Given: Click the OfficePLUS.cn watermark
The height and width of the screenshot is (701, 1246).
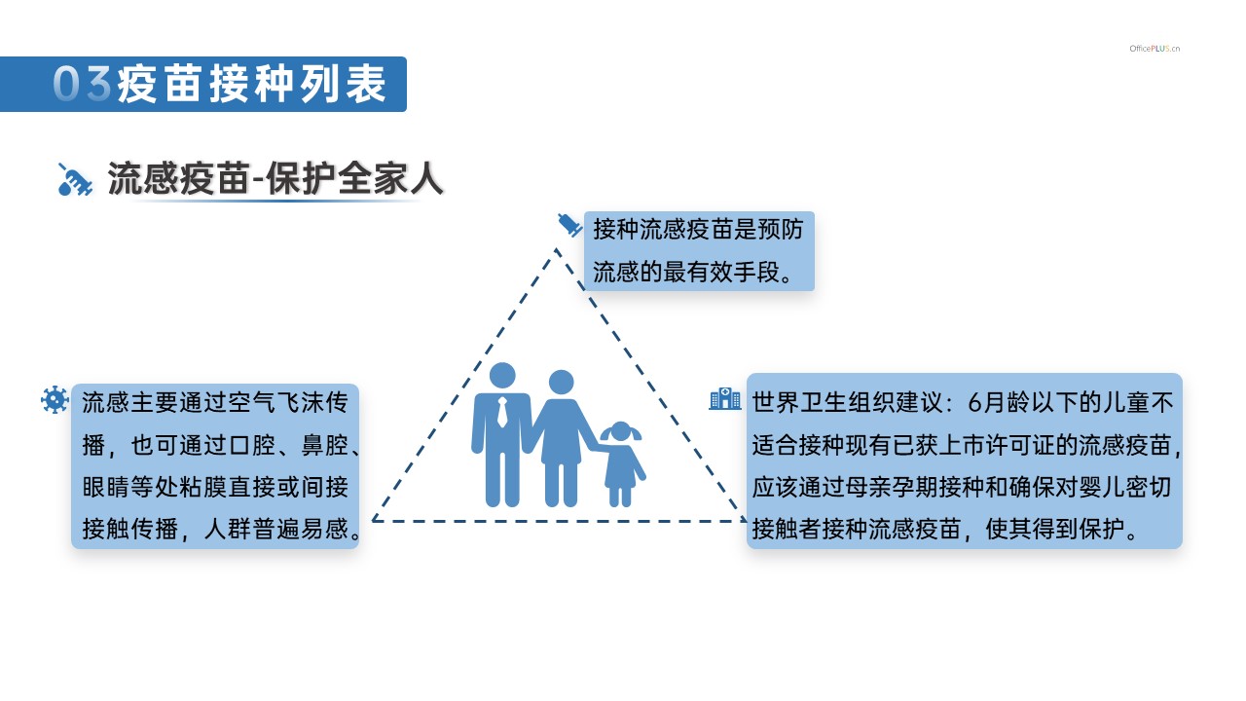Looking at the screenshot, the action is click(x=1154, y=49).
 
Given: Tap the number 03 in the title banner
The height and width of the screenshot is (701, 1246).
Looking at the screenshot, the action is click(x=83, y=84).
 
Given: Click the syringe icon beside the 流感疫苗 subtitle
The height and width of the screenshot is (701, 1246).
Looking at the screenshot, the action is click(x=75, y=180).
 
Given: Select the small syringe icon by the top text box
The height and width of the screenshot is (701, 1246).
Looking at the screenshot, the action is click(x=570, y=225).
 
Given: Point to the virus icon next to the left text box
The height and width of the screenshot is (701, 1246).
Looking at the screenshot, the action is click(x=55, y=399).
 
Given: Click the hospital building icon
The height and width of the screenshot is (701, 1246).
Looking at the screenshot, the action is click(x=725, y=399).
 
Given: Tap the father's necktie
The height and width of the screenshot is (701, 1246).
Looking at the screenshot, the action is click(x=502, y=412).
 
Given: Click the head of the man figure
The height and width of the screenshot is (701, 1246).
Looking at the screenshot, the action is click(x=502, y=376).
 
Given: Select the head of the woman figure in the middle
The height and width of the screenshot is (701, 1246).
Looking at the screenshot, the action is click(x=561, y=383).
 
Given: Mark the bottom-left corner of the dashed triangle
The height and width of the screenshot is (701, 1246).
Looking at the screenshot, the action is click(x=373, y=521).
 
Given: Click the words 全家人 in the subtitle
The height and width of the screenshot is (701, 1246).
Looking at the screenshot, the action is click(x=390, y=178).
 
